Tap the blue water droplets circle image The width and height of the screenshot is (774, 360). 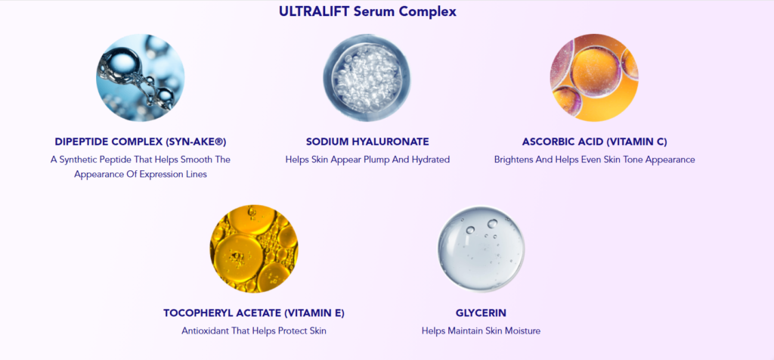click(x=140, y=77)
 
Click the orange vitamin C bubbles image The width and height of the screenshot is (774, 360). click(x=594, y=77)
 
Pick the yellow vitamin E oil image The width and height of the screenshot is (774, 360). click(x=254, y=249)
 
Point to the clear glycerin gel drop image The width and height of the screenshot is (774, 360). click(x=481, y=249)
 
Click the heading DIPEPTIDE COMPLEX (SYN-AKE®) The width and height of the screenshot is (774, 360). click(x=141, y=141)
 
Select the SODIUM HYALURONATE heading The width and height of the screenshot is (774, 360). click(x=367, y=141)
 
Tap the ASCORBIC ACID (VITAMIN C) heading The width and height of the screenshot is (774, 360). click(x=594, y=141)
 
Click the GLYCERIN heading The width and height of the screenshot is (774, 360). click(x=481, y=312)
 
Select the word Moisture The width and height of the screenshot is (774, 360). click(x=521, y=331)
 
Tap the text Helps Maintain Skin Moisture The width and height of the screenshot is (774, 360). click(x=481, y=331)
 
